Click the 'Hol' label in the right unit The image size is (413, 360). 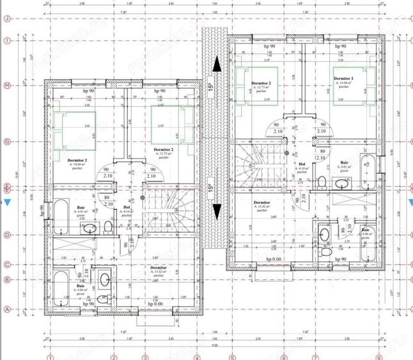click(x=301, y=164)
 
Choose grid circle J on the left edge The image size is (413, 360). click(x=6, y=18)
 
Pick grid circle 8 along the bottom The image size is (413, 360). click(x=378, y=356)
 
